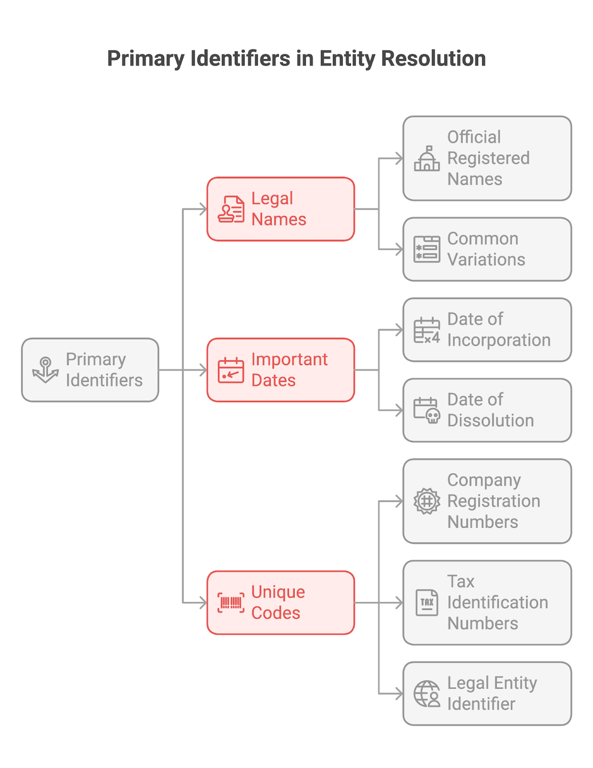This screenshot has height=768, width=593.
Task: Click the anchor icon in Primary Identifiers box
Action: tap(45, 370)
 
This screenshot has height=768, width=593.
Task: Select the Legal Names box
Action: tap(280, 209)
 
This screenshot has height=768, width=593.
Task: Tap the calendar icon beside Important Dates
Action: tap(231, 370)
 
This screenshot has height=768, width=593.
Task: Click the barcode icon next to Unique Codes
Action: tap(231, 602)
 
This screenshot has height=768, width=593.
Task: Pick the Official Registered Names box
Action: tap(487, 158)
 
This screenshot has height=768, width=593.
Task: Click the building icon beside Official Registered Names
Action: tap(426, 158)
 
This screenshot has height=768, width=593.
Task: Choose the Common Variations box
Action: tap(487, 249)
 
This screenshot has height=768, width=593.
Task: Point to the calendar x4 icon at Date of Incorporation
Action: tap(426, 330)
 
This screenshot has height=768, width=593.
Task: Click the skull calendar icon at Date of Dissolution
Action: tap(426, 410)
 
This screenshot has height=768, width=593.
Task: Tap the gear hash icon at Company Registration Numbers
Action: tap(426, 501)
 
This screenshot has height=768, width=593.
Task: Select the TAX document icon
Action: tap(426, 602)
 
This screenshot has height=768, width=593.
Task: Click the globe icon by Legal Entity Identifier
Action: tap(426, 694)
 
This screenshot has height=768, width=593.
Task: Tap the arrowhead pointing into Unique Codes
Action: tap(203, 602)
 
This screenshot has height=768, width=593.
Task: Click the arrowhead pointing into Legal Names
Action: tap(203, 209)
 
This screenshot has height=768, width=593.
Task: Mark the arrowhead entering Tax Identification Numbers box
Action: tap(399, 602)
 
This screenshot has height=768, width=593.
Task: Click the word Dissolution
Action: tap(490, 420)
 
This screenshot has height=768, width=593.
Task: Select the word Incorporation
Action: tap(498, 340)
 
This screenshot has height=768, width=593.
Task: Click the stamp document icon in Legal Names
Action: tap(231, 209)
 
